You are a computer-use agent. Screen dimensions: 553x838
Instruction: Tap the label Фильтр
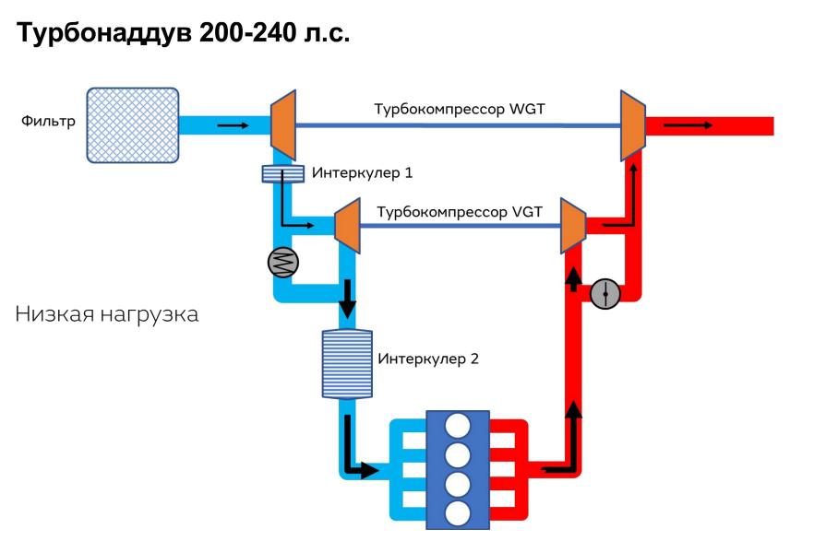[x=48, y=121]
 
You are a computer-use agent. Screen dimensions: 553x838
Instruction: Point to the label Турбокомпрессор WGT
[x=459, y=109]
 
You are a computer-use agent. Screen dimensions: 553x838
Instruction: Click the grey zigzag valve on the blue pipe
[x=283, y=263]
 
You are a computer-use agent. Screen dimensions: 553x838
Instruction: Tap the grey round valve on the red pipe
[x=605, y=294]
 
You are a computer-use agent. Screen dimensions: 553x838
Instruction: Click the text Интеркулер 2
[x=427, y=358]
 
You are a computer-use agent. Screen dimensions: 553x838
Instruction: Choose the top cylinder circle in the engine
[x=458, y=425]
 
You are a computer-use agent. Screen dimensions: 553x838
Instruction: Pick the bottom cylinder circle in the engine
[x=458, y=513]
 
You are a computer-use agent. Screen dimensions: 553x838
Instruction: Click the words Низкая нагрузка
[x=107, y=314]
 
